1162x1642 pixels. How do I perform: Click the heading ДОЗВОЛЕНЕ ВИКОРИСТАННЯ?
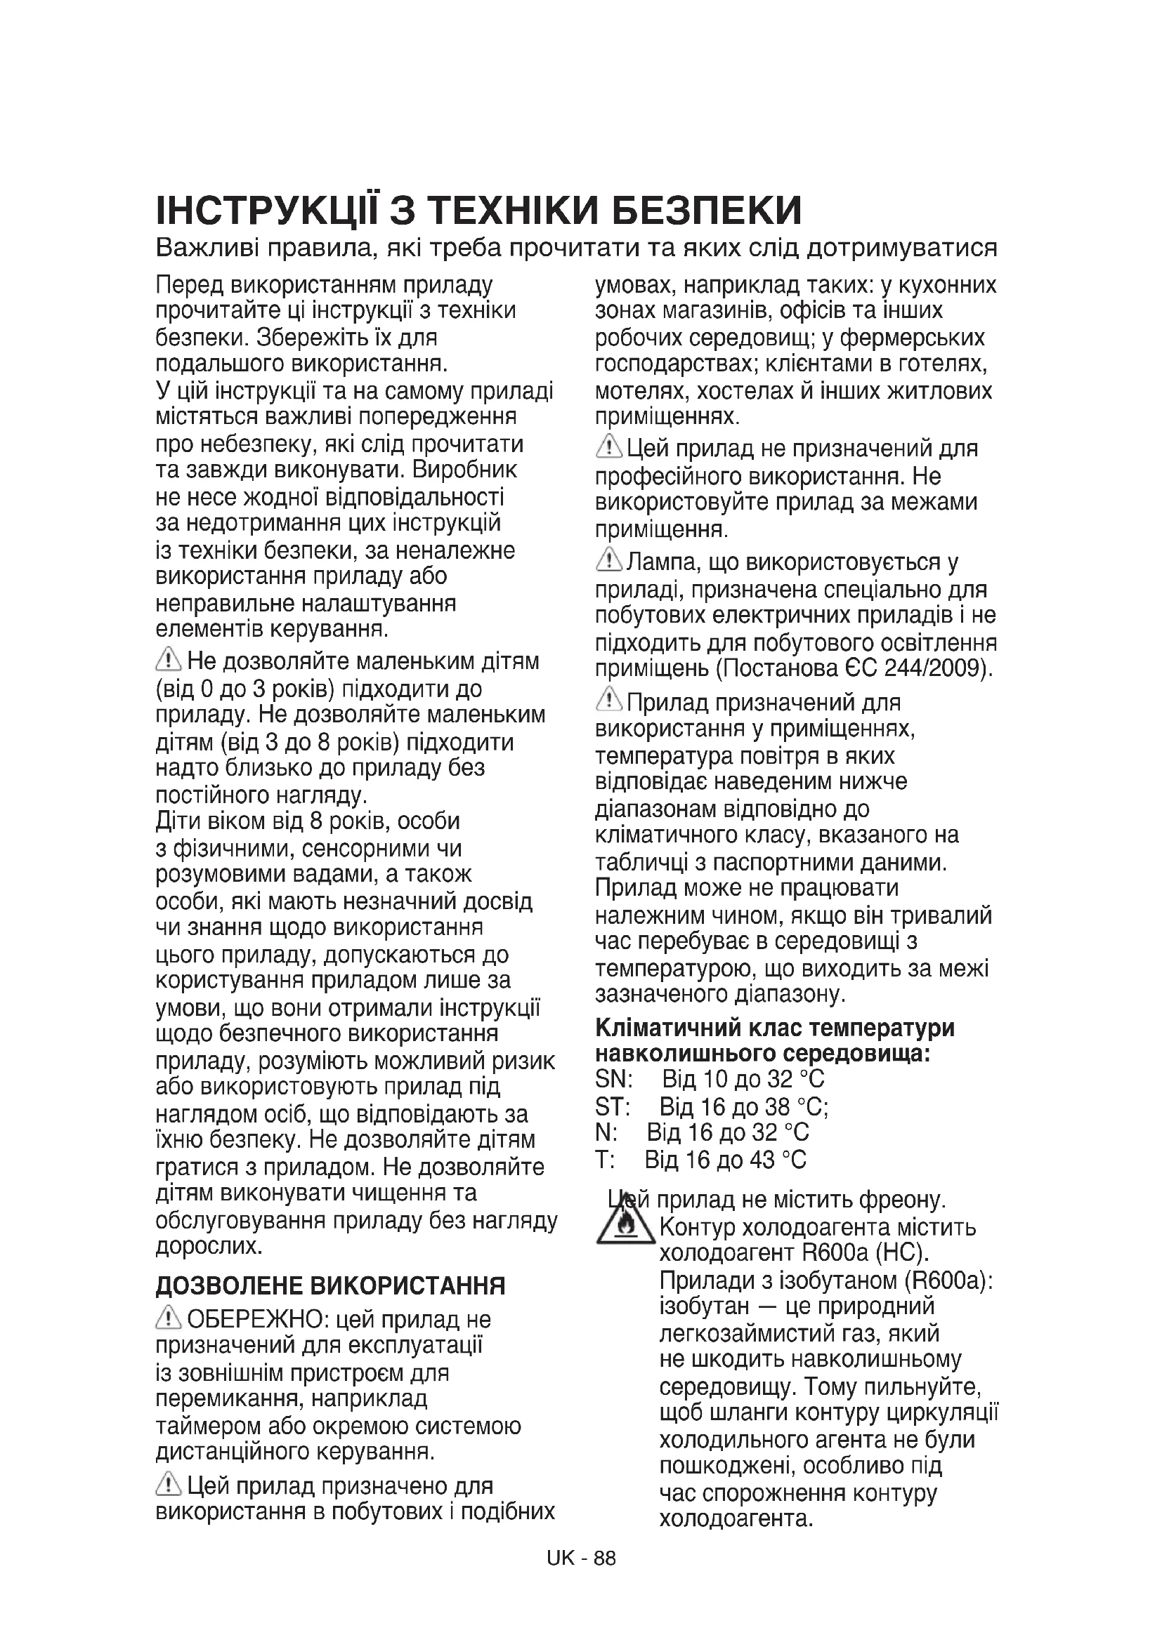[331, 1286]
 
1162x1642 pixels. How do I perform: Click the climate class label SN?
[613, 1079]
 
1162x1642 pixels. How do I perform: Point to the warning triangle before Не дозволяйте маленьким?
[168, 658]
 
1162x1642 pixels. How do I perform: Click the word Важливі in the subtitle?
[207, 248]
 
